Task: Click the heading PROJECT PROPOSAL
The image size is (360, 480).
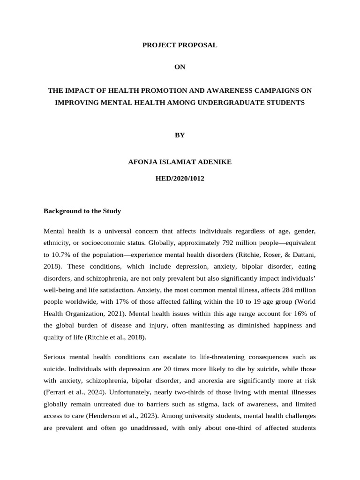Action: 180,45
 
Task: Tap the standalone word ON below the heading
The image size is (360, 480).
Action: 180,67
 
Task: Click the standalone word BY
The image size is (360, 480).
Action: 180,135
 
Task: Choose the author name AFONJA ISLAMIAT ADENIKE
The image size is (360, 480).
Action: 180,162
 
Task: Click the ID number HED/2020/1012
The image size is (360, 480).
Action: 180,179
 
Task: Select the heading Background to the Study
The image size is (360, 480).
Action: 82,211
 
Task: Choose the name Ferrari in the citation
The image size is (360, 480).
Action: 57,392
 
